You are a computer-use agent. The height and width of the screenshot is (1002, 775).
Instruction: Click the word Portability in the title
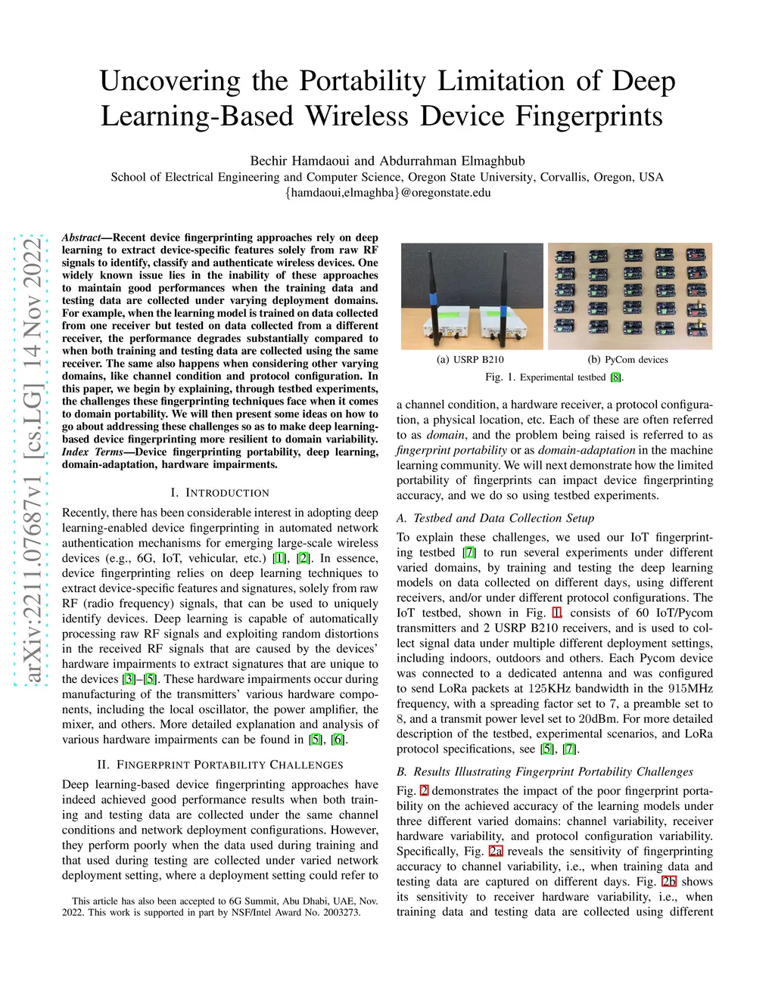coord(362,81)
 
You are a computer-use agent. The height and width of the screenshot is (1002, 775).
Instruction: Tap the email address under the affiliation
coord(387,192)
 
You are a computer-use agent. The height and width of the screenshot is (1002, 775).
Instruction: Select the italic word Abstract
coord(81,237)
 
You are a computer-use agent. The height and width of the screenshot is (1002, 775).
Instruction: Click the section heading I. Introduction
coord(220,492)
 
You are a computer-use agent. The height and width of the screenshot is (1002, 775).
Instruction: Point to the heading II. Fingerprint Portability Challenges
coord(220,765)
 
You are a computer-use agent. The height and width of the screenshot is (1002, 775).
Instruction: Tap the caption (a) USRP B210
coord(470,360)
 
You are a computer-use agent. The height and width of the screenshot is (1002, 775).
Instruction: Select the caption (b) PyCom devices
coord(628,360)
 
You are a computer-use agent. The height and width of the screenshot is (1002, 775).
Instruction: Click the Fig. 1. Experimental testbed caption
coord(555,377)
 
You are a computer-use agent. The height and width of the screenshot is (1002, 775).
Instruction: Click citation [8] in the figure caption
coord(615,377)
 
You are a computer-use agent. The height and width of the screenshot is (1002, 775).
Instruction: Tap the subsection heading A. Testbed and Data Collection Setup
coord(495,518)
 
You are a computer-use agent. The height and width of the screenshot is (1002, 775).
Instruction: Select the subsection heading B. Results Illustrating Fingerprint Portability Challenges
coord(545,771)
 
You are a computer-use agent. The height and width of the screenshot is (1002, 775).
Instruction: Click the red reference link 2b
coord(669,881)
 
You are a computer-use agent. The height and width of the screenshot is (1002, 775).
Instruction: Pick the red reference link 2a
coord(496,851)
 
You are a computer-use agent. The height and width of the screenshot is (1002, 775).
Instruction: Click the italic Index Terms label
coord(93,452)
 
